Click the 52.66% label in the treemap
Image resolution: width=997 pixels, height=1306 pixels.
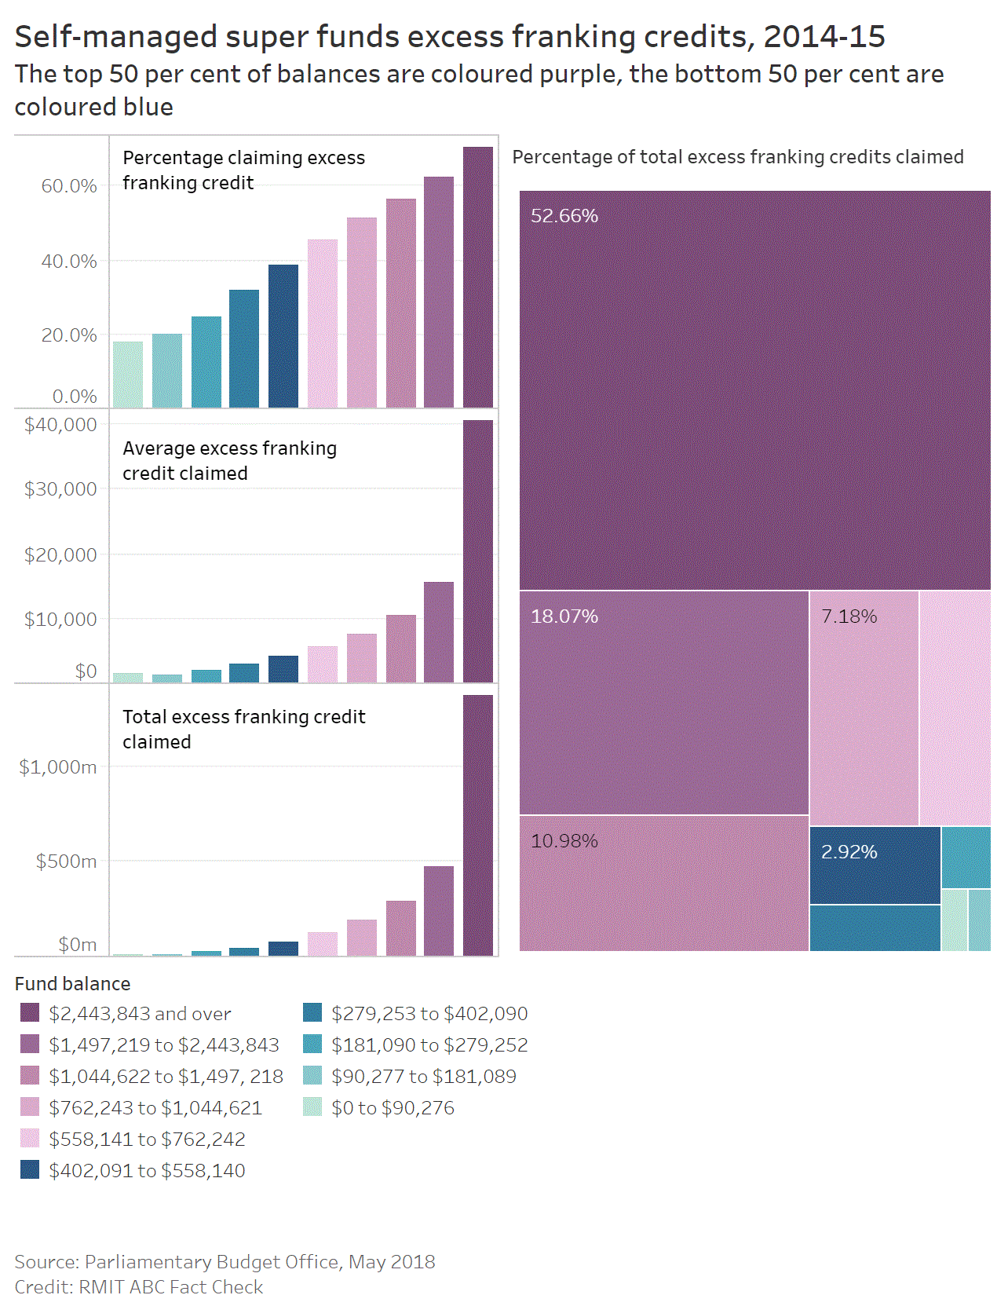pyautogui.click(x=564, y=216)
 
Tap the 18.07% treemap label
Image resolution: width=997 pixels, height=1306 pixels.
pyautogui.click(x=564, y=616)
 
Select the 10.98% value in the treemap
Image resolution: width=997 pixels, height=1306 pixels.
pyautogui.click(x=564, y=841)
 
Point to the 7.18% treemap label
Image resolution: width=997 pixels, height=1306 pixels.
pyautogui.click(x=849, y=616)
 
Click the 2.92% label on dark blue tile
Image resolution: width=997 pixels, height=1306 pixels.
pyautogui.click(x=849, y=852)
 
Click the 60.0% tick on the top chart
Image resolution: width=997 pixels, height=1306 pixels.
pyautogui.click(x=69, y=186)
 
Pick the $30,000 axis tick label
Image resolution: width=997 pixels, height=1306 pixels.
pyautogui.click(x=60, y=489)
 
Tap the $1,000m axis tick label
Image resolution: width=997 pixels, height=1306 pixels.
pyautogui.click(x=57, y=767)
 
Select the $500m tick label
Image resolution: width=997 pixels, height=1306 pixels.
pyautogui.click(x=66, y=862)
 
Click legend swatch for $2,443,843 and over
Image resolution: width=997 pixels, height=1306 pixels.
pyautogui.click(x=30, y=1013)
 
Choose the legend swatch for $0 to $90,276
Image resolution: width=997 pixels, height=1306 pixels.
pyautogui.click(x=312, y=1107)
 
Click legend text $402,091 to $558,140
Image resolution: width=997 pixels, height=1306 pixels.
pyautogui.click(x=147, y=1171)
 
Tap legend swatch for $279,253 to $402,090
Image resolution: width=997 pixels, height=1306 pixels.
pyautogui.click(x=312, y=1013)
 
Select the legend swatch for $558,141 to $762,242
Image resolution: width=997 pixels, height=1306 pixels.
pyautogui.click(x=30, y=1139)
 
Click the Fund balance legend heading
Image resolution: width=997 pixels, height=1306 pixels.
pyautogui.click(x=72, y=984)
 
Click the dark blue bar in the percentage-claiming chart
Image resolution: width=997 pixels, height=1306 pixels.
pyautogui.click(x=283, y=336)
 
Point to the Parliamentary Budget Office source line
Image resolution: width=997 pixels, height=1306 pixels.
pyautogui.click(x=225, y=1262)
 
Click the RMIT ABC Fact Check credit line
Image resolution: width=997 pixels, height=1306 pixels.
pyautogui.click(x=139, y=1287)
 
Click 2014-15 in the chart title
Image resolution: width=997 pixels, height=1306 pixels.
pyautogui.click(x=824, y=37)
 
